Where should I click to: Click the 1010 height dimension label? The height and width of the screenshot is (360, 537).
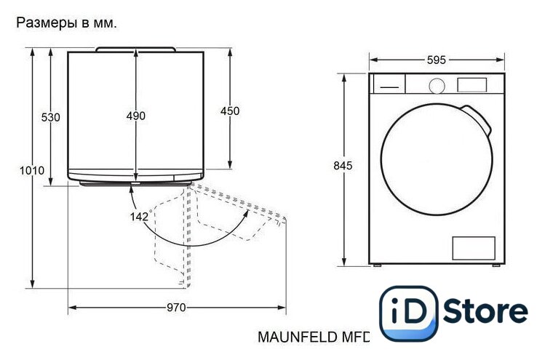pyautogui.click(x=32, y=170)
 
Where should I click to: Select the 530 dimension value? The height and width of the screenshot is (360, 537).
pyautogui.click(x=51, y=117)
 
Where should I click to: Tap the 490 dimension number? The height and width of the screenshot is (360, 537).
pyautogui.click(x=136, y=116)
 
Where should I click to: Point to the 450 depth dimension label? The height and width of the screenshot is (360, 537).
pyautogui.click(x=230, y=111)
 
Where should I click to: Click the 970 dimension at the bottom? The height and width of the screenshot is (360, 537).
pyautogui.click(x=176, y=308)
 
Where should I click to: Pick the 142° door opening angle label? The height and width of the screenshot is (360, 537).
pyautogui.click(x=140, y=216)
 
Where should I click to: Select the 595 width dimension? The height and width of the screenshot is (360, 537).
pyautogui.click(x=437, y=60)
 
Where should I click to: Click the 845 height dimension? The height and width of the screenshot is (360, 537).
pyautogui.click(x=343, y=166)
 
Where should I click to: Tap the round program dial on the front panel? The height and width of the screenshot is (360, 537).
pyautogui.click(x=437, y=86)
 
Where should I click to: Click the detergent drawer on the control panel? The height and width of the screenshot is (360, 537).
pyautogui.click(x=389, y=84)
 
